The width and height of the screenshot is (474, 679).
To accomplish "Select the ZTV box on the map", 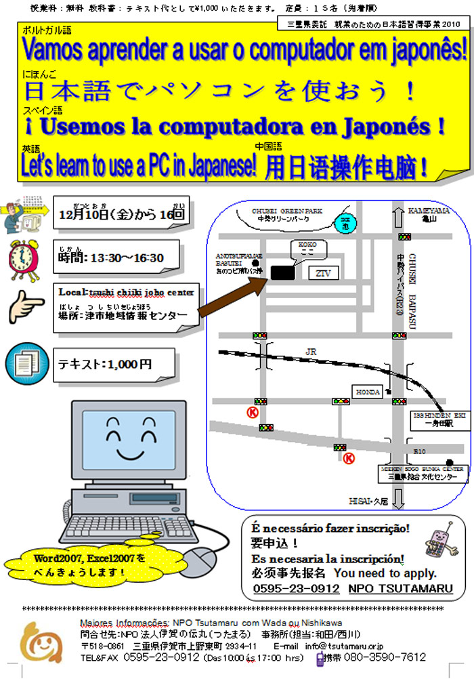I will tap(324, 272).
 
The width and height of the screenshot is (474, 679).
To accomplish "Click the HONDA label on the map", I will tap(368, 392).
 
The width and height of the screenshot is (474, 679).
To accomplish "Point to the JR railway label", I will tap(311, 352).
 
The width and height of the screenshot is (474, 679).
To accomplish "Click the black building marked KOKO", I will tap(283, 272).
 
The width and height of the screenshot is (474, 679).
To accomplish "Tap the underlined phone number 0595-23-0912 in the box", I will tap(297, 589).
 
